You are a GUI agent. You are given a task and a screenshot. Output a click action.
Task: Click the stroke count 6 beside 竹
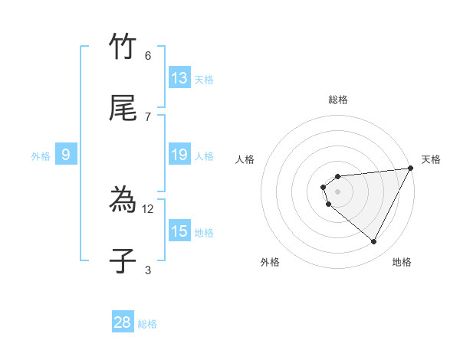click(x=148, y=56)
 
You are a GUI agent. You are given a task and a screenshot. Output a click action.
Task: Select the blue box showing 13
click(x=179, y=78)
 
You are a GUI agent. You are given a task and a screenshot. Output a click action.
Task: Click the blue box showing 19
click(x=179, y=155)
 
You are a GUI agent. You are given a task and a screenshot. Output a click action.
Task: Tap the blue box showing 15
click(x=179, y=231)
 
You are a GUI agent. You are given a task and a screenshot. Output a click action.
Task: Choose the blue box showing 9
click(x=66, y=155)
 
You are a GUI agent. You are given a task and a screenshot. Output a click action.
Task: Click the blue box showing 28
click(x=123, y=322)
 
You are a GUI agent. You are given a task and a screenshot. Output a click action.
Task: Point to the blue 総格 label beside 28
click(x=148, y=324)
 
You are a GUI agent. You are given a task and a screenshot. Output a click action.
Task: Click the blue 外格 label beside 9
click(x=41, y=156)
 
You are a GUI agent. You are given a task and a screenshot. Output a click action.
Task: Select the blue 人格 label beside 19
click(x=204, y=156)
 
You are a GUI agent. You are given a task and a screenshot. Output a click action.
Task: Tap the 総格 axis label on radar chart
click(x=338, y=100)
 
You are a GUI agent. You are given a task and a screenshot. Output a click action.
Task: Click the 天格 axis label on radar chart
click(x=432, y=159)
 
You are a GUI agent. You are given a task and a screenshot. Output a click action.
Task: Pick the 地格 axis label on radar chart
click(x=402, y=262)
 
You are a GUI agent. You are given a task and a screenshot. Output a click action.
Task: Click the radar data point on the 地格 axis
click(x=373, y=242)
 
